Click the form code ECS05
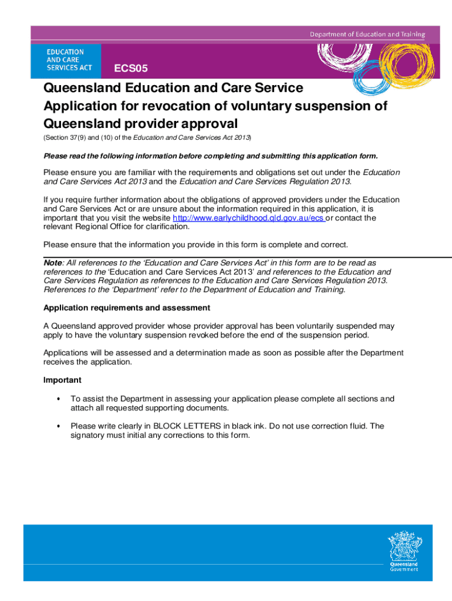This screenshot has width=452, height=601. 131,69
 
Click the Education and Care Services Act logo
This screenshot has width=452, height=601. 66,60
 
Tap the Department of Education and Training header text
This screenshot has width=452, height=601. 367,34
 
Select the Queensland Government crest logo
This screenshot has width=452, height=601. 404,551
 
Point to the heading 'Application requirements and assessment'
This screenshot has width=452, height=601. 127,308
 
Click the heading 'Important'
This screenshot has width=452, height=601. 62,380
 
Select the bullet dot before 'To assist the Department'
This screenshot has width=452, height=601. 58,399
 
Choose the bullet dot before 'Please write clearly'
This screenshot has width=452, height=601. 58,426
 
